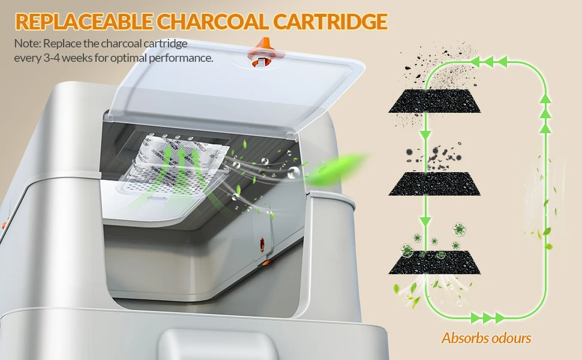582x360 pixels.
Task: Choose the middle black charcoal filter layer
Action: click(432, 183)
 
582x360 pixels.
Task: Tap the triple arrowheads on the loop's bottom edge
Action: click(483, 317)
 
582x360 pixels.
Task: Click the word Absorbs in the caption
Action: click(462, 338)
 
